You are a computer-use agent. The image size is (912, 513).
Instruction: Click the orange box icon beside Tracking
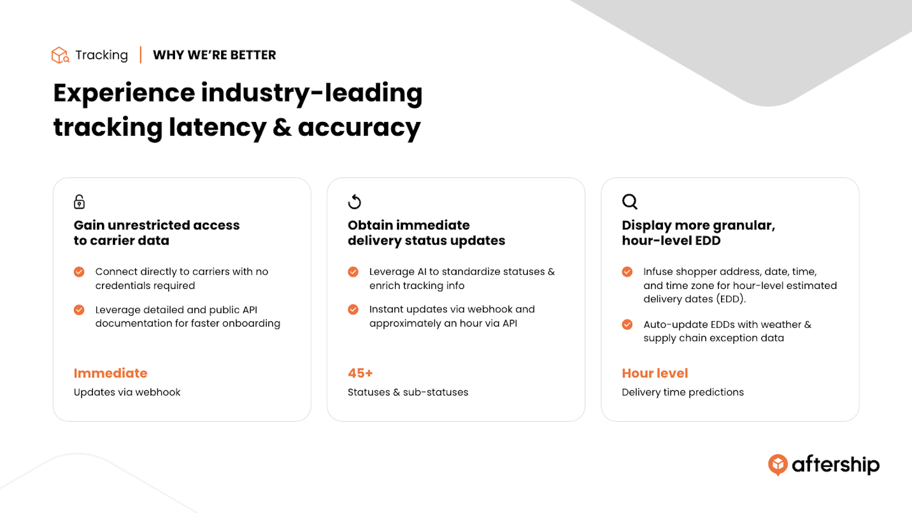60,55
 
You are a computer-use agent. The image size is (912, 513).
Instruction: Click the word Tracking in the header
101,55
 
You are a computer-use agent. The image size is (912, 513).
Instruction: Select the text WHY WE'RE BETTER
214,55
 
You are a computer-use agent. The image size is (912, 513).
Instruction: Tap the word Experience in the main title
124,93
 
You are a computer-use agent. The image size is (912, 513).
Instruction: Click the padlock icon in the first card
79,202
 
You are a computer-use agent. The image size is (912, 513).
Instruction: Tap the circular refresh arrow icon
354,202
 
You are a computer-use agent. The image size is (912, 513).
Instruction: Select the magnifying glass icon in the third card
629,202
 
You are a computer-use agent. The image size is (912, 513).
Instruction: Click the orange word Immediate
111,373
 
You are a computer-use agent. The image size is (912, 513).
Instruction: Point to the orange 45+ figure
360,373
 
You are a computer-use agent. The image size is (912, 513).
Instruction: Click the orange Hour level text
655,373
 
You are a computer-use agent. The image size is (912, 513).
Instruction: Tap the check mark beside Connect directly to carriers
79,271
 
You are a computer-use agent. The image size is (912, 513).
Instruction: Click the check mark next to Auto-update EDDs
627,324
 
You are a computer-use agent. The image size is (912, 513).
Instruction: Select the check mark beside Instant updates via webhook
353,310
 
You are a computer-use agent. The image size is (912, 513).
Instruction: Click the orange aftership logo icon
777,465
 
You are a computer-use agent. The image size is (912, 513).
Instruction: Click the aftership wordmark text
836,465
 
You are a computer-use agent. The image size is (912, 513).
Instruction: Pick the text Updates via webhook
127,392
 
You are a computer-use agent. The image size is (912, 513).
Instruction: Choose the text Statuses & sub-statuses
408,392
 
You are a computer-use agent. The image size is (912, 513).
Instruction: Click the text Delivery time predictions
683,392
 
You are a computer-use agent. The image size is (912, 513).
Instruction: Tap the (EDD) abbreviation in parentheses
732,299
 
